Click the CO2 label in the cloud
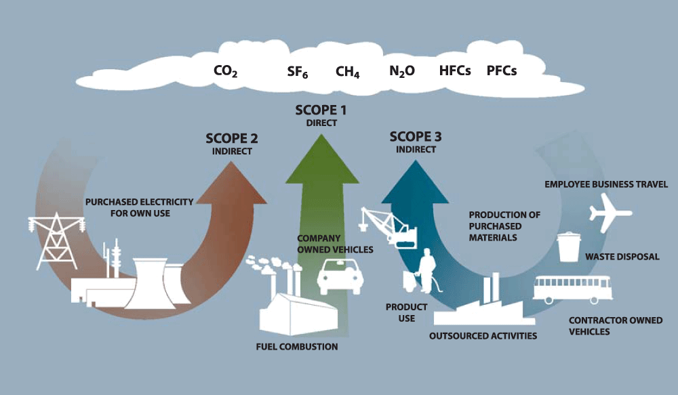[x=226, y=71]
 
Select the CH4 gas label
[x=347, y=71]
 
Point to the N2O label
[x=402, y=71]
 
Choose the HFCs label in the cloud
[x=455, y=70]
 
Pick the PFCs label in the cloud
[x=502, y=70]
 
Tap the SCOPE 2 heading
[x=231, y=138]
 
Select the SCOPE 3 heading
[x=416, y=137]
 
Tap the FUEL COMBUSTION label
[x=297, y=347]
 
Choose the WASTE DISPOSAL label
[x=622, y=257]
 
